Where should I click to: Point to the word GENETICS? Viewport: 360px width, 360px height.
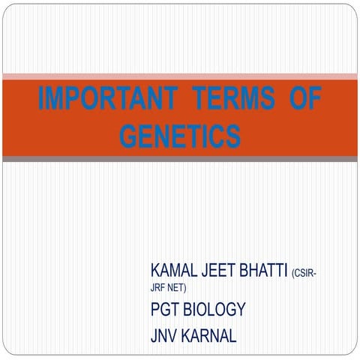pyautogui.click(x=180, y=136)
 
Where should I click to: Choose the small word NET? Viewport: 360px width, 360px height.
pyautogui.click(x=177, y=287)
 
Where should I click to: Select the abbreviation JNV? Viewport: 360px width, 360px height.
pyautogui.click(x=163, y=335)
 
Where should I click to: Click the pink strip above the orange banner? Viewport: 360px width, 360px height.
pyautogui.click(x=180, y=76)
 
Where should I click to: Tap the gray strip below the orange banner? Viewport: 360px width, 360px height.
pyautogui.click(x=180, y=159)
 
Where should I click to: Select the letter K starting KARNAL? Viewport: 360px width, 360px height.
pyautogui.click(x=185, y=335)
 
